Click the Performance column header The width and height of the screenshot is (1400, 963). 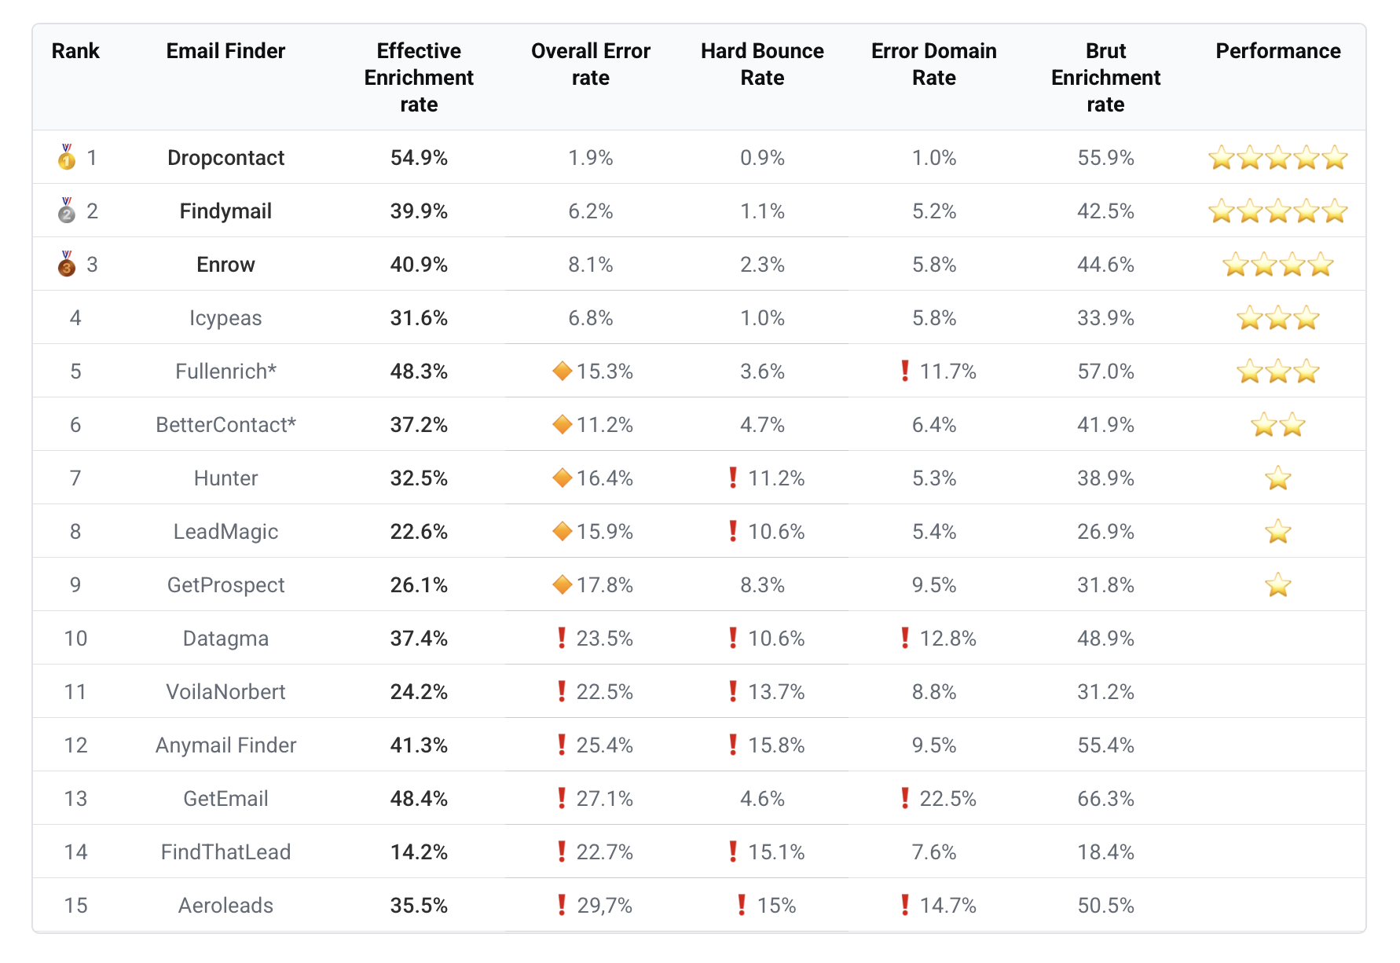1277,51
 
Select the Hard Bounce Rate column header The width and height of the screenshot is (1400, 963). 762,64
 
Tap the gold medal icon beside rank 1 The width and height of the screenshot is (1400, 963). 67,157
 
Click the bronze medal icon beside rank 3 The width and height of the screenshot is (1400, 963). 67,264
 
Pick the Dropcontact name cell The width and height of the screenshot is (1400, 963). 225,158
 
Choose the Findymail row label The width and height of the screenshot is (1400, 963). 225,211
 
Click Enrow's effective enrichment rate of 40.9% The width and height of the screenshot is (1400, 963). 419,265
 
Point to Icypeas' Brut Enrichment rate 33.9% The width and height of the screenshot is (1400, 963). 1105,318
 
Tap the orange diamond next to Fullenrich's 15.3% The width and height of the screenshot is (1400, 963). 562,371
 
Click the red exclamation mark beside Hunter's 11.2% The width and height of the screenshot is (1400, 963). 733,478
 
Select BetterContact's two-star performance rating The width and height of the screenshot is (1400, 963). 1277,425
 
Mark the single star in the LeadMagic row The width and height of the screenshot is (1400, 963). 1277,532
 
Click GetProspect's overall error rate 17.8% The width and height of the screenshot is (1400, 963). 604,585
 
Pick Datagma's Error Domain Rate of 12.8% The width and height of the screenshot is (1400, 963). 947,639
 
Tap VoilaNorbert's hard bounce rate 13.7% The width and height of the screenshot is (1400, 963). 775,692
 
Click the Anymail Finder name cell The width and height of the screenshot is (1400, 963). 225,745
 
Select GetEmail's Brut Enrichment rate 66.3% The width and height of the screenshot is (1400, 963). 1105,799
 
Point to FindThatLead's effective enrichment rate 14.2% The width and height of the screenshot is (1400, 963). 419,852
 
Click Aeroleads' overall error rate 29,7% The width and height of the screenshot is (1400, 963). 604,906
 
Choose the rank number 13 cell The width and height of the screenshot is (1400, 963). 75,799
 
